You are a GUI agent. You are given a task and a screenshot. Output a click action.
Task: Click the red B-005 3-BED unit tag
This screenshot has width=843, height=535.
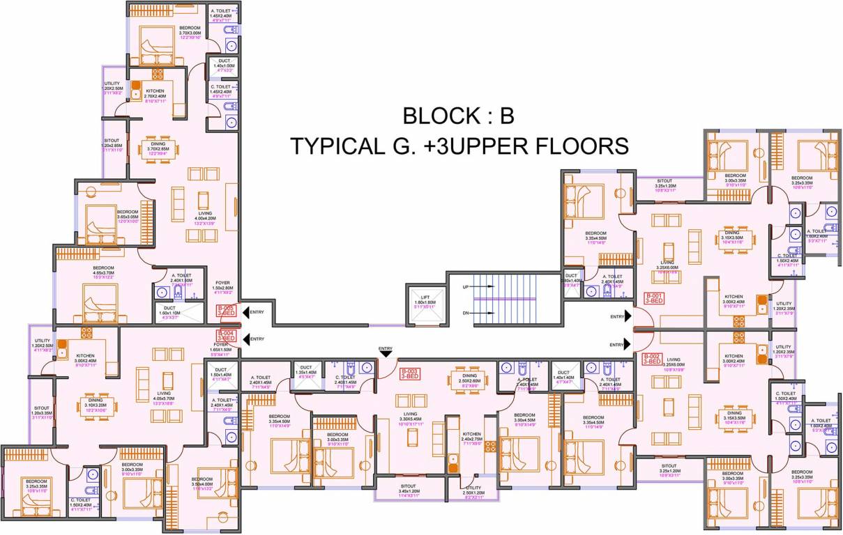tap(226, 311)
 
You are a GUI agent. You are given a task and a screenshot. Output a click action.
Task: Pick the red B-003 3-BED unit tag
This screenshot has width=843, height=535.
tap(409, 374)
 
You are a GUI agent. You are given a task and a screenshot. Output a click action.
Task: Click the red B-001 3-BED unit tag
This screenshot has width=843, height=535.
tap(653, 299)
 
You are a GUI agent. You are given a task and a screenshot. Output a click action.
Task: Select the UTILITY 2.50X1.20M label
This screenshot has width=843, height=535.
tap(473, 491)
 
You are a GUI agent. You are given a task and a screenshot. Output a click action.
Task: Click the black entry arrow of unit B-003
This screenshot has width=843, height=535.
tap(385, 353)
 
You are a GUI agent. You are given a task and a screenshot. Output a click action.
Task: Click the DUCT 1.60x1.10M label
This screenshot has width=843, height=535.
tap(169, 311)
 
